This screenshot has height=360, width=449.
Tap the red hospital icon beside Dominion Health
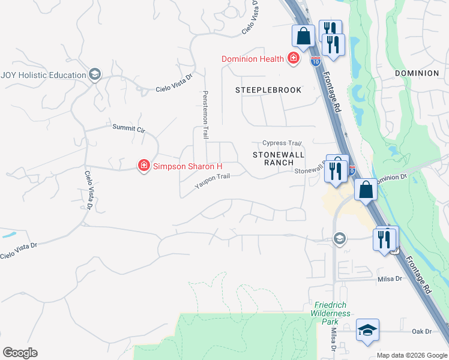point(294,58)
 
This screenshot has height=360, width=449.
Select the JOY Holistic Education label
point(43,75)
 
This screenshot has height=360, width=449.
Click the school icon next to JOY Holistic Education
point(94,74)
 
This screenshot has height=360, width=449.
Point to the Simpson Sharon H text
point(187,166)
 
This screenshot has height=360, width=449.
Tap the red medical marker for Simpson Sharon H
point(143,166)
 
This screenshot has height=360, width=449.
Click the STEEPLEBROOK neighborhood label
point(268,89)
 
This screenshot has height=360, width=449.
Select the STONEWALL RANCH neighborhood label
point(273,158)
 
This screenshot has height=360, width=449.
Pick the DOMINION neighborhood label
point(417,73)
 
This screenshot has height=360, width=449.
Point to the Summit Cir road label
point(129,128)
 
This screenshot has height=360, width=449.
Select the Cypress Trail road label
point(282,143)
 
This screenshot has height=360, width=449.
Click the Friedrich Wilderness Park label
point(331,313)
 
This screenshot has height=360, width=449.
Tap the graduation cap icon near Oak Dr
point(367,330)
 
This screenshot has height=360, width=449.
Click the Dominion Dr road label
point(392,178)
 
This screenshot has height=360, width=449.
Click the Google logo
point(20,353)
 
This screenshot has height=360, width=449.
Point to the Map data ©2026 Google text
point(412,355)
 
